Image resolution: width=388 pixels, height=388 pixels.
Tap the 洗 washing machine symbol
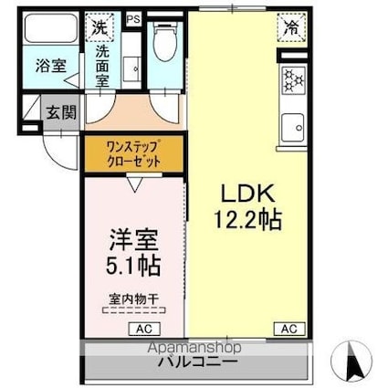(x=98, y=27)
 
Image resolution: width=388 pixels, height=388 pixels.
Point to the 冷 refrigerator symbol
(x=290, y=27)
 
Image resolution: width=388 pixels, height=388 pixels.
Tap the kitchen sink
(x=293, y=126)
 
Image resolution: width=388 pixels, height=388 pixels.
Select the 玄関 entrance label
(x=61, y=114)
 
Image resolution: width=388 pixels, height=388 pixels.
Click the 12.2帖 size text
(x=246, y=219)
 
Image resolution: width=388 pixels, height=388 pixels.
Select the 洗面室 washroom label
(x=106, y=65)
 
